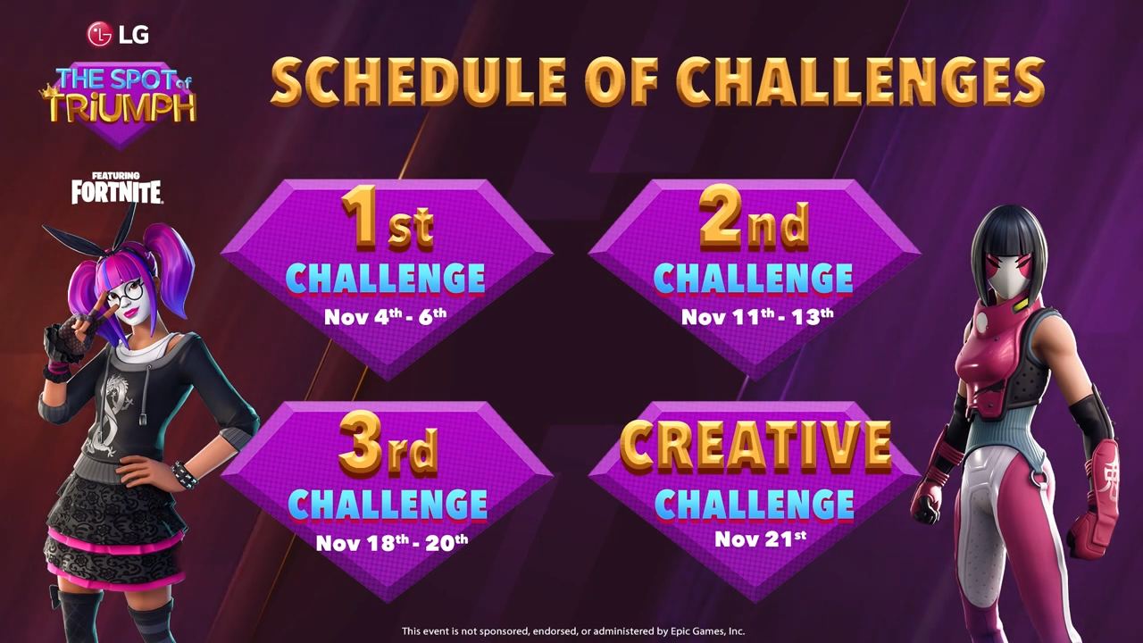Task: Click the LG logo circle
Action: pos(99,34)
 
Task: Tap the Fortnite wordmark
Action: pos(117,192)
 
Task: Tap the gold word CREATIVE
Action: pos(755,447)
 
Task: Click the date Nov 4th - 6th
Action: pos(385,316)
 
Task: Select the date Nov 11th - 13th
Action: pos(757,316)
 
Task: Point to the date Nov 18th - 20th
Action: pos(392,541)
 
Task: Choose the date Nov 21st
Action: pos(760,539)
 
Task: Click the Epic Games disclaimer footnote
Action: pos(573,631)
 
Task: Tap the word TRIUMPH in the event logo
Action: pos(122,108)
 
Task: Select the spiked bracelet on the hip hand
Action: pos(184,474)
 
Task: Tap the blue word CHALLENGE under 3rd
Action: pos(388,504)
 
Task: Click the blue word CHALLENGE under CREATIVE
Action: pos(755,504)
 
